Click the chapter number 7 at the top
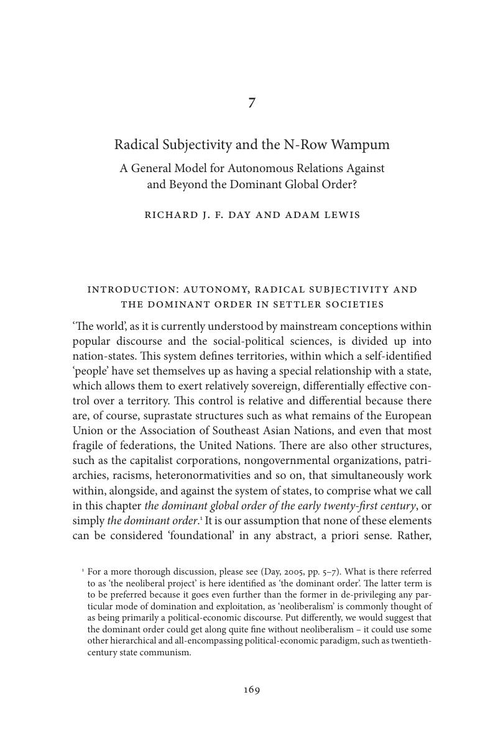click(251, 103)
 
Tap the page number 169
click(251, 689)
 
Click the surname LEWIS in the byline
click(341, 215)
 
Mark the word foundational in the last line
click(201, 535)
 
